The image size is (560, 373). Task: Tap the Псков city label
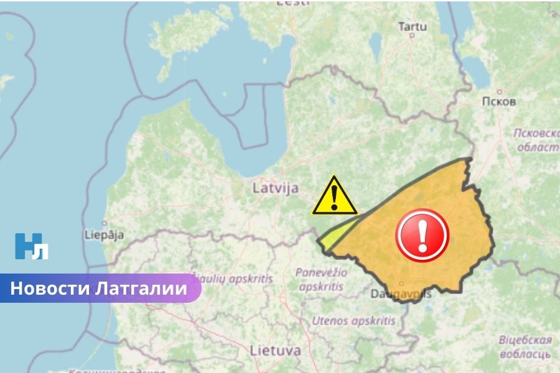(x=499, y=101)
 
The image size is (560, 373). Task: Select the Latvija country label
(x=276, y=188)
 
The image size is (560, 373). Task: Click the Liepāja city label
(x=104, y=235)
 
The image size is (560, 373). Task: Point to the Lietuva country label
(x=275, y=350)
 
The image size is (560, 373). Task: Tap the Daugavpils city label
(x=401, y=293)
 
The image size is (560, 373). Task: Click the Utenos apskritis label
(x=353, y=321)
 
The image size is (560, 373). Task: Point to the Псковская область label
(x=536, y=140)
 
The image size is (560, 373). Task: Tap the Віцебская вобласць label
(x=526, y=347)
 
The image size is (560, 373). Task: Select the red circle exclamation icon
(x=422, y=235)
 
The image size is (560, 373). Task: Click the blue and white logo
(x=32, y=246)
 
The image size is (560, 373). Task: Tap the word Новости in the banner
(x=50, y=288)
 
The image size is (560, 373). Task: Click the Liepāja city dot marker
(x=105, y=223)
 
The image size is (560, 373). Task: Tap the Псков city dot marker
(x=499, y=91)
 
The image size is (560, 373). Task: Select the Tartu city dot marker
(x=412, y=35)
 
